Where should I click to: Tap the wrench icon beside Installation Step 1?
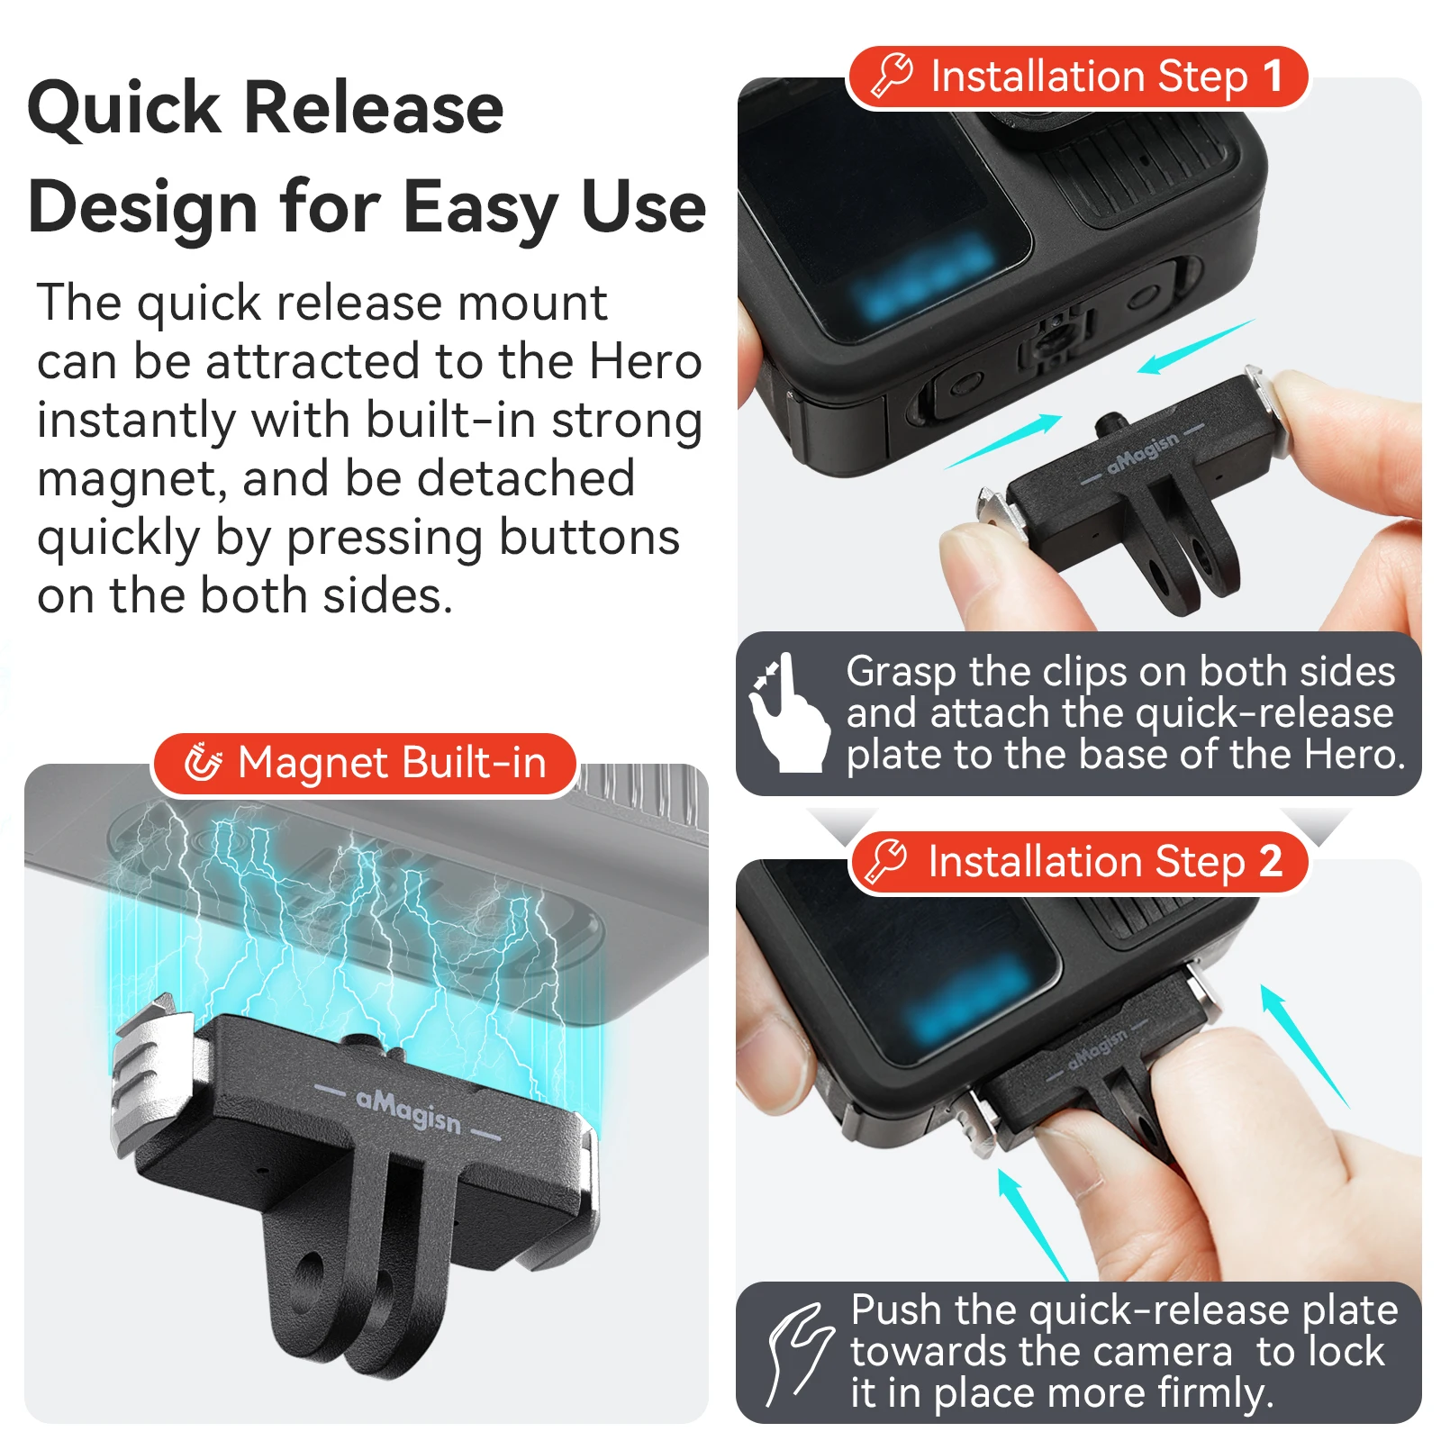[893, 76]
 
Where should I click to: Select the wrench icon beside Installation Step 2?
[886, 861]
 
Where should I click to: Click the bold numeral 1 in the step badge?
[1272, 77]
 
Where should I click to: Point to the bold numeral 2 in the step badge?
[1270, 862]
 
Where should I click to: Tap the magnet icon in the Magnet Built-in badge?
[203, 763]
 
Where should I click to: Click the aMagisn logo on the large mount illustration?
[408, 1110]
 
